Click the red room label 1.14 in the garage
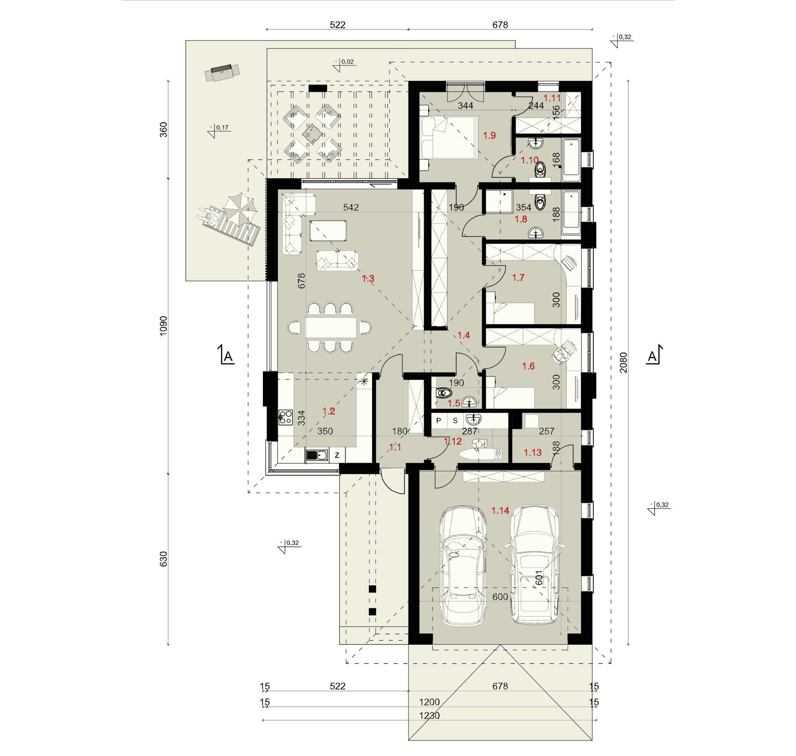(500, 510)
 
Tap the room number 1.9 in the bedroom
(489, 136)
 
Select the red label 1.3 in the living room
(368, 279)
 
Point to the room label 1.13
(532, 452)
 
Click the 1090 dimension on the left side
(163, 326)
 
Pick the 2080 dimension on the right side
(623, 362)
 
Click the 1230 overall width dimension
(429, 715)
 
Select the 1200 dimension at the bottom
(429, 702)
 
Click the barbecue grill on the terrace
(222, 72)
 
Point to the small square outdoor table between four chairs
(312, 134)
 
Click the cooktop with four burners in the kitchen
(285, 417)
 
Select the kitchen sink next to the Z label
(317, 455)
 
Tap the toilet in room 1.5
(444, 392)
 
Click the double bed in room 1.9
(449, 137)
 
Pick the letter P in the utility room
(439, 421)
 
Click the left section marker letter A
(228, 357)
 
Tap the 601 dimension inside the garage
(539, 578)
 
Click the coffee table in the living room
(328, 231)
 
